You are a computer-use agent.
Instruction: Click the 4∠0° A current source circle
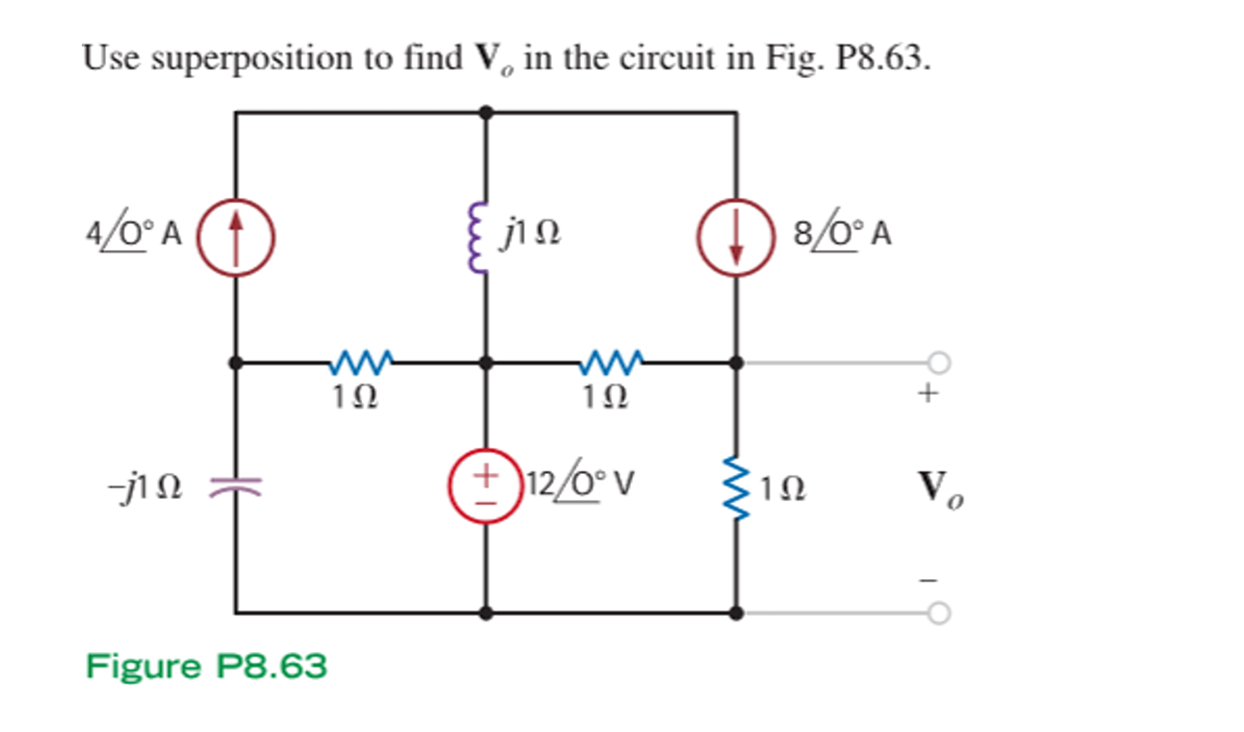[x=235, y=236]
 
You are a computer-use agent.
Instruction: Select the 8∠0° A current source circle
[x=736, y=236]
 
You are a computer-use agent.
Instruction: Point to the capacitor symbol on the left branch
[x=235, y=487]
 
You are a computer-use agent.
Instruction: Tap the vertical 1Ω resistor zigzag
[x=736, y=487]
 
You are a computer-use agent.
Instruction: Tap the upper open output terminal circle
[x=939, y=362]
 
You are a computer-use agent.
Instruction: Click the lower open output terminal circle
[x=939, y=613]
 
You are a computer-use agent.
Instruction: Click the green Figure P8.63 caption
[x=207, y=667]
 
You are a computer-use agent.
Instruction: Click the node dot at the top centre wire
[x=486, y=112]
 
